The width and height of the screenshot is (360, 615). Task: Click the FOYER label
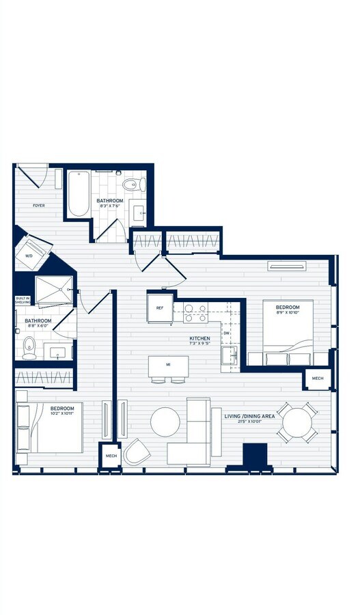(x=38, y=205)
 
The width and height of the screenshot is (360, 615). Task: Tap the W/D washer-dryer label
(x=29, y=256)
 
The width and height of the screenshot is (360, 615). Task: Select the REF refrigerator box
(x=160, y=308)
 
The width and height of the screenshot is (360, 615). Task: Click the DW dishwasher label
(x=225, y=333)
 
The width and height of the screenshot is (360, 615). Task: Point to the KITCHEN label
(x=199, y=338)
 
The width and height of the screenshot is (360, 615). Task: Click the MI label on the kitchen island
(x=167, y=365)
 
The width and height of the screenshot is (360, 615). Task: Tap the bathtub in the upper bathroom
(x=79, y=193)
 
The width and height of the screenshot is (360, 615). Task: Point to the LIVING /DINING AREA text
(x=249, y=415)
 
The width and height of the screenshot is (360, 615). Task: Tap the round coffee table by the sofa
(x=165, y=422)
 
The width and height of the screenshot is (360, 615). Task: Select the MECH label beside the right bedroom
(x=318, y=379)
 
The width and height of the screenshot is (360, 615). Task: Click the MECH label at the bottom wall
(x=111, y=455)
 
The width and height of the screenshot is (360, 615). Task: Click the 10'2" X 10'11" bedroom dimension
(x=66, y=413)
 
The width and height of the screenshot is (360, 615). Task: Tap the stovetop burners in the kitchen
(x=196, y=312)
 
